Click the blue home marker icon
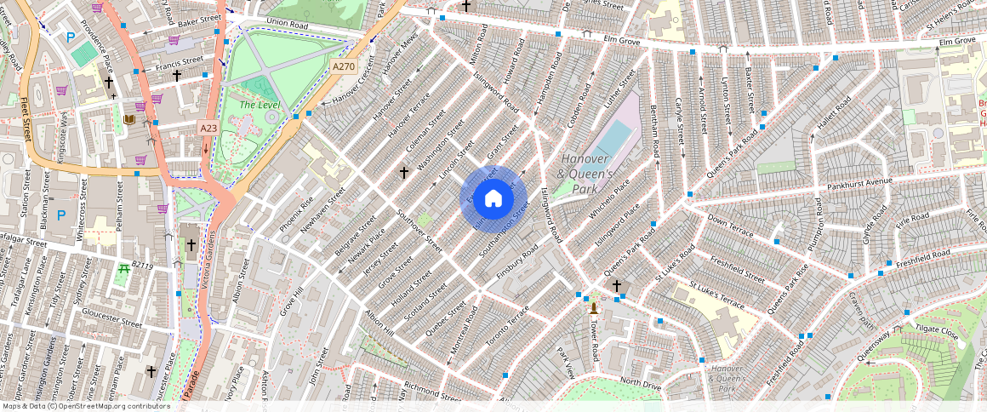(x=493, y=199)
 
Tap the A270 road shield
(x=344, y=66)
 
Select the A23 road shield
(x=208, y=128)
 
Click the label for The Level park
(x=260, y=105)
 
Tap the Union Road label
(x=287, y=22)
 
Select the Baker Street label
(x=200, y=18)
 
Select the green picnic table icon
(x=124, y=269)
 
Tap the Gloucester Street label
(x=111, y=323)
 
